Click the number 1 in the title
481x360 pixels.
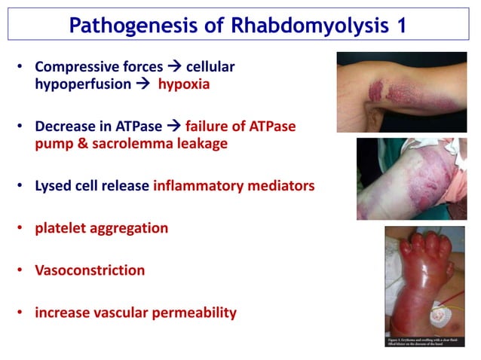397,25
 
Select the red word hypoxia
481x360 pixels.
183,84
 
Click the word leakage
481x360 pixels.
201,144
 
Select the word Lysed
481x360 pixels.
54,185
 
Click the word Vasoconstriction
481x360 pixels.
90,270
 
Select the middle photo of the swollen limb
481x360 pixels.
412,178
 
